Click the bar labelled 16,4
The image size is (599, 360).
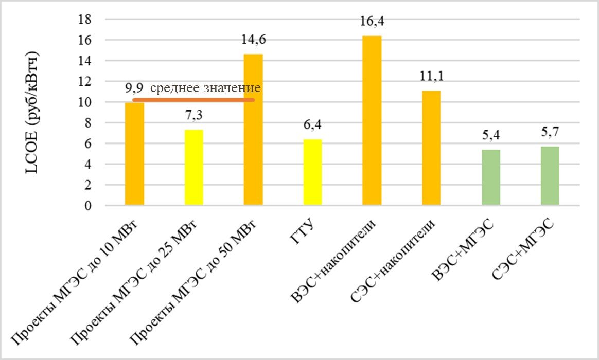372,121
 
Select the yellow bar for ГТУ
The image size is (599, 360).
312,172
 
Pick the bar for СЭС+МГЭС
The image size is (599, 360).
550,176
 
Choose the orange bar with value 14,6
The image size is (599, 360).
253,130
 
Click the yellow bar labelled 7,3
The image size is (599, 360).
193,168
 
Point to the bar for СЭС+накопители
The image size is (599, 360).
431,148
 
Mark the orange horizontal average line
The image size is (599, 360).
193,100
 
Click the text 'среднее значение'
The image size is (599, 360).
206,88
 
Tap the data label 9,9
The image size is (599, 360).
134,88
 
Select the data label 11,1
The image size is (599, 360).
431,77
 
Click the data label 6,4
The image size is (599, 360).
312,125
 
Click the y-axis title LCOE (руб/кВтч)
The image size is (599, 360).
32,113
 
